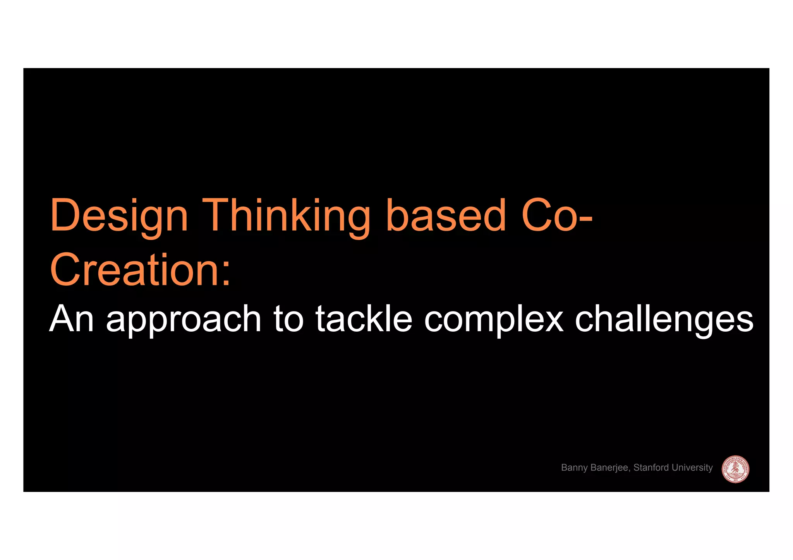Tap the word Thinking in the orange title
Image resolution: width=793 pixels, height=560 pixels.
pos(286,216)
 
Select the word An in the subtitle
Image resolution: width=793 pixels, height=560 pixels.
pos(72,319)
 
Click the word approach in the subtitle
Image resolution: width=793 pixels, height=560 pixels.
pos(184,321)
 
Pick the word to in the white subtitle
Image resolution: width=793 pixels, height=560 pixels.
pos(288,319)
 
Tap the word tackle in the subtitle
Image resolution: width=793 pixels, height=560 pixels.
pos(364,319)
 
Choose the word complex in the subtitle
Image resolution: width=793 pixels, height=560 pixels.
pos(493,321)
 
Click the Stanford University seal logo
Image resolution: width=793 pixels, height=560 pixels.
pos(735,469)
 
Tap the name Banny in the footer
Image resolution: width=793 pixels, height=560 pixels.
pos(574,468)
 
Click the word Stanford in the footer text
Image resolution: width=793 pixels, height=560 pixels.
pos(651,468)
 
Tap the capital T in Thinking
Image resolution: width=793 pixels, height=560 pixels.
pos(215,215)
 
